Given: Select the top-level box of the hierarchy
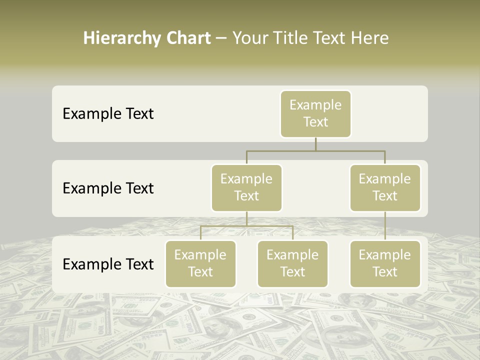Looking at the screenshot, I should (x=315, y=114).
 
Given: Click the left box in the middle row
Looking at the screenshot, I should (x=246, y=188).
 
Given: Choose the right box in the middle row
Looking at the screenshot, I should (x=385, y=188).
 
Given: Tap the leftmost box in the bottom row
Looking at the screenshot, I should (x=200, y=264).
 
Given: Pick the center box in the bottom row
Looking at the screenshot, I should (x=292, y=264).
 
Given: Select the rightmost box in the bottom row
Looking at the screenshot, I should (x=385, y=264).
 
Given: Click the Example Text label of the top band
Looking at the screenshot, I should (x=108, y=114).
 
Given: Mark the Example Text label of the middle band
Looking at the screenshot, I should (x=108, y=188).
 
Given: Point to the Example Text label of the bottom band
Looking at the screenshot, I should (x=108, y=264).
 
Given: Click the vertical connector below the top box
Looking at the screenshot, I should (x=315, y=144).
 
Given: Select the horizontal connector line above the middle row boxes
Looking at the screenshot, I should (x=315, y=150).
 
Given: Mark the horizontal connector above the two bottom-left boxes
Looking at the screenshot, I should (x=246, y=226).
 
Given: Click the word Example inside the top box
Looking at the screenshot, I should (x=315, y=105).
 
